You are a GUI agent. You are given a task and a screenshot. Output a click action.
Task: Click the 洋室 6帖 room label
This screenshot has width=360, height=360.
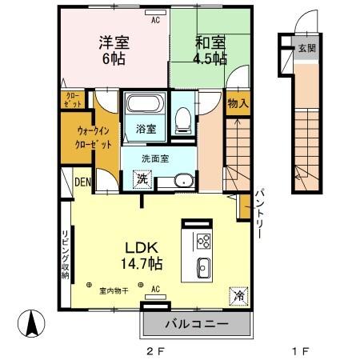tap(114, 50)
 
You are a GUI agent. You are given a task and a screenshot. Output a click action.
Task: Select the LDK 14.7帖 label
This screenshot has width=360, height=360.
tap(142, 255)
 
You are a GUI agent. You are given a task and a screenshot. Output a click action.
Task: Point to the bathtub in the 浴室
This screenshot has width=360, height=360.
tap(143, 105)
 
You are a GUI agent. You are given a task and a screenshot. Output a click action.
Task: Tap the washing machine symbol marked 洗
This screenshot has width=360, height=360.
tap(142, 180)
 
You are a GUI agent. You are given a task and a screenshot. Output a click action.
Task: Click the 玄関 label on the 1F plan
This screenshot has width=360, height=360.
tap(307, 48)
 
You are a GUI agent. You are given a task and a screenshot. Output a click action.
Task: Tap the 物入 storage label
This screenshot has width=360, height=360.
tap(237, 104)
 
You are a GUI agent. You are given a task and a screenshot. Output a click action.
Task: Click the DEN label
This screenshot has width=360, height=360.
tap(83, 182)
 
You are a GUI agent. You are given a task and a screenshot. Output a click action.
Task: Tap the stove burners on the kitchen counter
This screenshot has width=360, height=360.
tap(202, 241)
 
